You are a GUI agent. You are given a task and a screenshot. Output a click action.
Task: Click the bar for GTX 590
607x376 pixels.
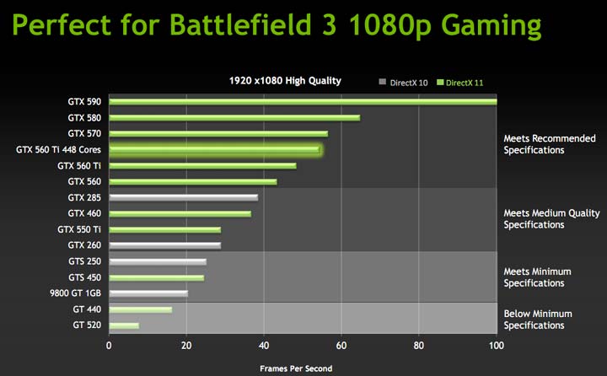click(x=303, y=102)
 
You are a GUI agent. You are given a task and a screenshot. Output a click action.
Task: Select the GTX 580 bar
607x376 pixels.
click(x=234, y=118)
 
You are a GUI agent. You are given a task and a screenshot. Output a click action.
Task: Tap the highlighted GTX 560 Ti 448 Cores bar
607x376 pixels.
click(x=214, y=150)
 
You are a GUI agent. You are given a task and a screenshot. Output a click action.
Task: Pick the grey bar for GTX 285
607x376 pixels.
click(x=183, y=197)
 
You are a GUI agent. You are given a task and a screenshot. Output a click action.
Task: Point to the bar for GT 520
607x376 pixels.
click(x=124, y=325)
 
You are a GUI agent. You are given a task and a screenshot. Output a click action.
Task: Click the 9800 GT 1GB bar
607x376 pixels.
click(x=148, y=293)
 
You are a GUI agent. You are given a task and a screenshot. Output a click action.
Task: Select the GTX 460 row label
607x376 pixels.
click(x=84, y=213)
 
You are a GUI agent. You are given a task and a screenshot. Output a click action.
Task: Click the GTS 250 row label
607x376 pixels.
click(x=84, y=261)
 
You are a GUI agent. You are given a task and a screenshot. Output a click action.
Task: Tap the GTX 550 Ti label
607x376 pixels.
click(x=79, y=229)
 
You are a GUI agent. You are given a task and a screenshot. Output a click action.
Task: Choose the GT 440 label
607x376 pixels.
click(x=87, y=309)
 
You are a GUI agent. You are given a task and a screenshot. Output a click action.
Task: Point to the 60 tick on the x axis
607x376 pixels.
click(x=341, y=346)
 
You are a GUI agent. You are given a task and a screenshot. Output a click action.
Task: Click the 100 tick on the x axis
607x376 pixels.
click(x=497, y=346)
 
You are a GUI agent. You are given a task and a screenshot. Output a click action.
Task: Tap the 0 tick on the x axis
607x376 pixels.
click(x=109, y=346)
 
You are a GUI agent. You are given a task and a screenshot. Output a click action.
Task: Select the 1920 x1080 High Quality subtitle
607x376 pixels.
click(x=285, y=81)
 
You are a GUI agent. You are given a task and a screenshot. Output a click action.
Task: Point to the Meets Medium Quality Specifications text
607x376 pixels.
click(x=551, y=219)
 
